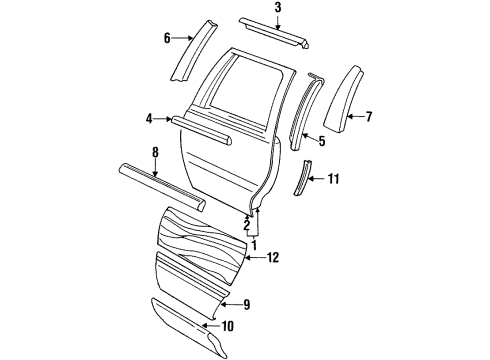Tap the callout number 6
coord(167,38)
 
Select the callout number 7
coord(368,117)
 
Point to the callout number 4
coord(149,119)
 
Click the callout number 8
coord(156,152)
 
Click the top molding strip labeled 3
coord(276,33)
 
